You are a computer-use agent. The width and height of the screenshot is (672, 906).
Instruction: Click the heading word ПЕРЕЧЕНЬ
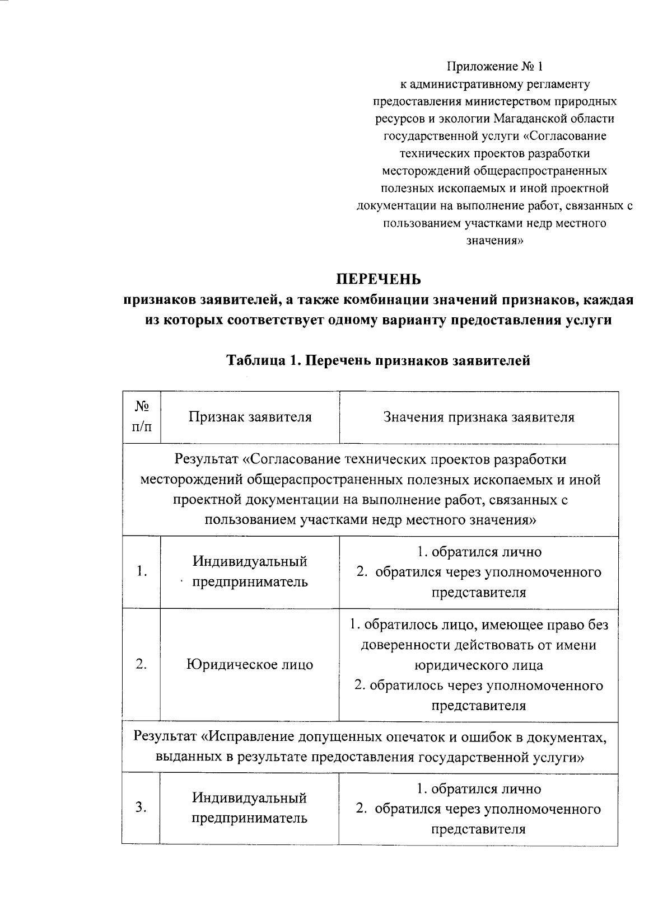coord(378,279)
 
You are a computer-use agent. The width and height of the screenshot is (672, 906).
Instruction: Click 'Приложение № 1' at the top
coord(494,67)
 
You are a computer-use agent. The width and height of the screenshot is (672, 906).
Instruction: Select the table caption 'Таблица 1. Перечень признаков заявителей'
coord(378,361)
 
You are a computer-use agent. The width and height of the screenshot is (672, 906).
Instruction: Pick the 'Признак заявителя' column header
coord(250,417)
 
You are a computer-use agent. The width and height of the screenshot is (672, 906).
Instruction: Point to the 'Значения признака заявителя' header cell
coord(479,417)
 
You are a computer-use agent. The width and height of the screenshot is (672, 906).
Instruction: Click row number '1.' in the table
coord(142,571)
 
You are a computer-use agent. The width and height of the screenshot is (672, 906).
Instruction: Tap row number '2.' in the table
coord(142,664)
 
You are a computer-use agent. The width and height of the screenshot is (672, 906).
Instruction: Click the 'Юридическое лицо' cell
coord(250,665)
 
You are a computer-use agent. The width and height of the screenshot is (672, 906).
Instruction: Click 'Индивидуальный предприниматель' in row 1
coord(250,571)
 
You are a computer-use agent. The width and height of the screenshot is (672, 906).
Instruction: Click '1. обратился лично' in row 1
coord(479,552)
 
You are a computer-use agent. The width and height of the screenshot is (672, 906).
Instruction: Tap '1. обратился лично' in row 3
coord(479,789)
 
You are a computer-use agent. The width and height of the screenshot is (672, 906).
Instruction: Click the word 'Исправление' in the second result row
coord(251,738)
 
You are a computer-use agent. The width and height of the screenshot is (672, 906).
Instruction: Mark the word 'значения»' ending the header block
coord(494,241)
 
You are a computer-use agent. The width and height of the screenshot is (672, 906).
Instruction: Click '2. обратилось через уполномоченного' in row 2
coord(479,686)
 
